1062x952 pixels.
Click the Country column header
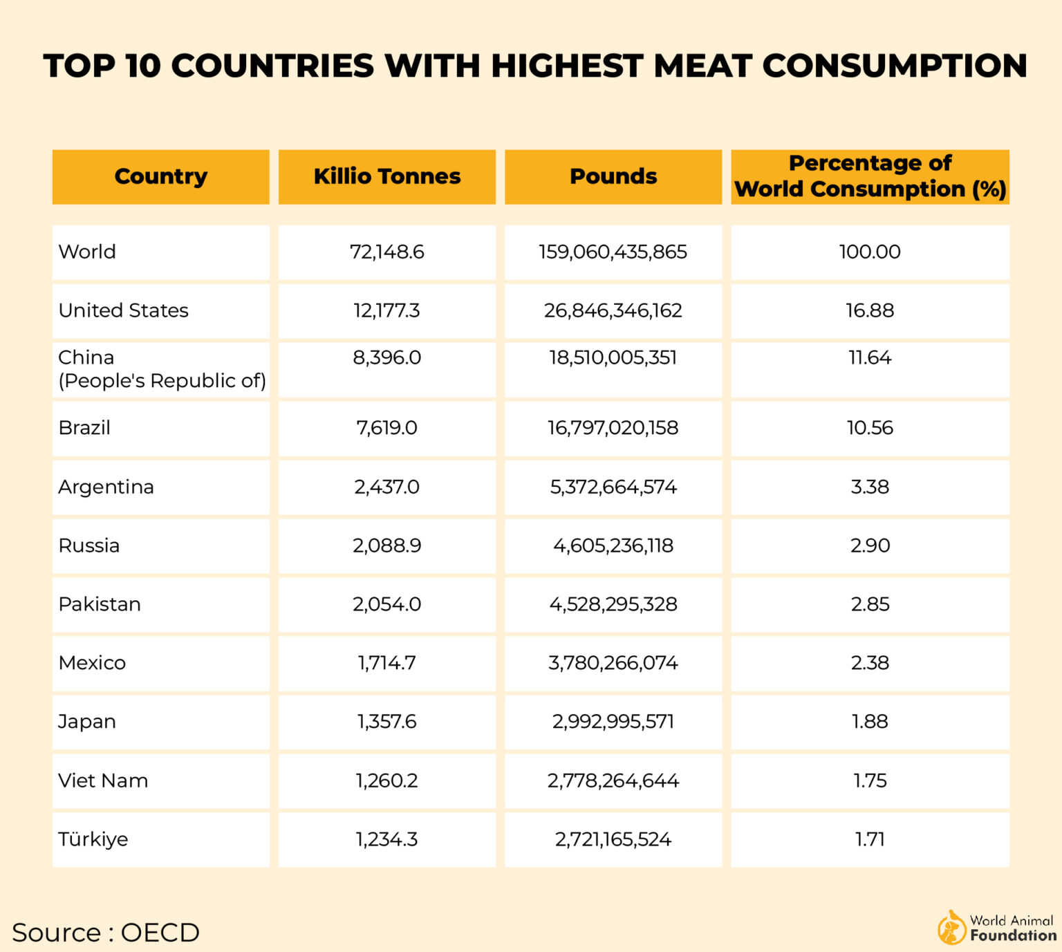tap(160, 176)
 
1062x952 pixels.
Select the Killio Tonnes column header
tap(386, 176)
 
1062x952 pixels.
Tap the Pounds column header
tap(613, 176)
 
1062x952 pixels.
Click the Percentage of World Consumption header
tap(870, 176)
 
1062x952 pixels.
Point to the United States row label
tap(123, 310)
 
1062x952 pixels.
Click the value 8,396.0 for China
tap(386, 358)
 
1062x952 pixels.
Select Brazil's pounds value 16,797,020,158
tap(613, 428)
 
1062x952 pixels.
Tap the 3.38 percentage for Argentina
tap(870, 487)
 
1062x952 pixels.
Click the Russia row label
tap(88, 545)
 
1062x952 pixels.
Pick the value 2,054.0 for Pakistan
tap(386, 604)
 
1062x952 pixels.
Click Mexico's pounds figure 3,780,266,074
tap(613, 663)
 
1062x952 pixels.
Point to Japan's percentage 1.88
tap(870, 722)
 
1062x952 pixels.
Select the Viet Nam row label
tap(103, 781)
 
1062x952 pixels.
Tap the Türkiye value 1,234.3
tap(386, 839)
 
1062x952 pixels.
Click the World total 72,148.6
tap(386, 252)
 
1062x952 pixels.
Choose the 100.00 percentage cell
tap(870, 252)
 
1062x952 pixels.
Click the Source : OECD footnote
tap(106, 933)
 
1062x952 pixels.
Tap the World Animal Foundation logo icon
tap(951, 928)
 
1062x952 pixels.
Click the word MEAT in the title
tap(702, 66)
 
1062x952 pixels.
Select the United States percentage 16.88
tap(870, 310)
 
